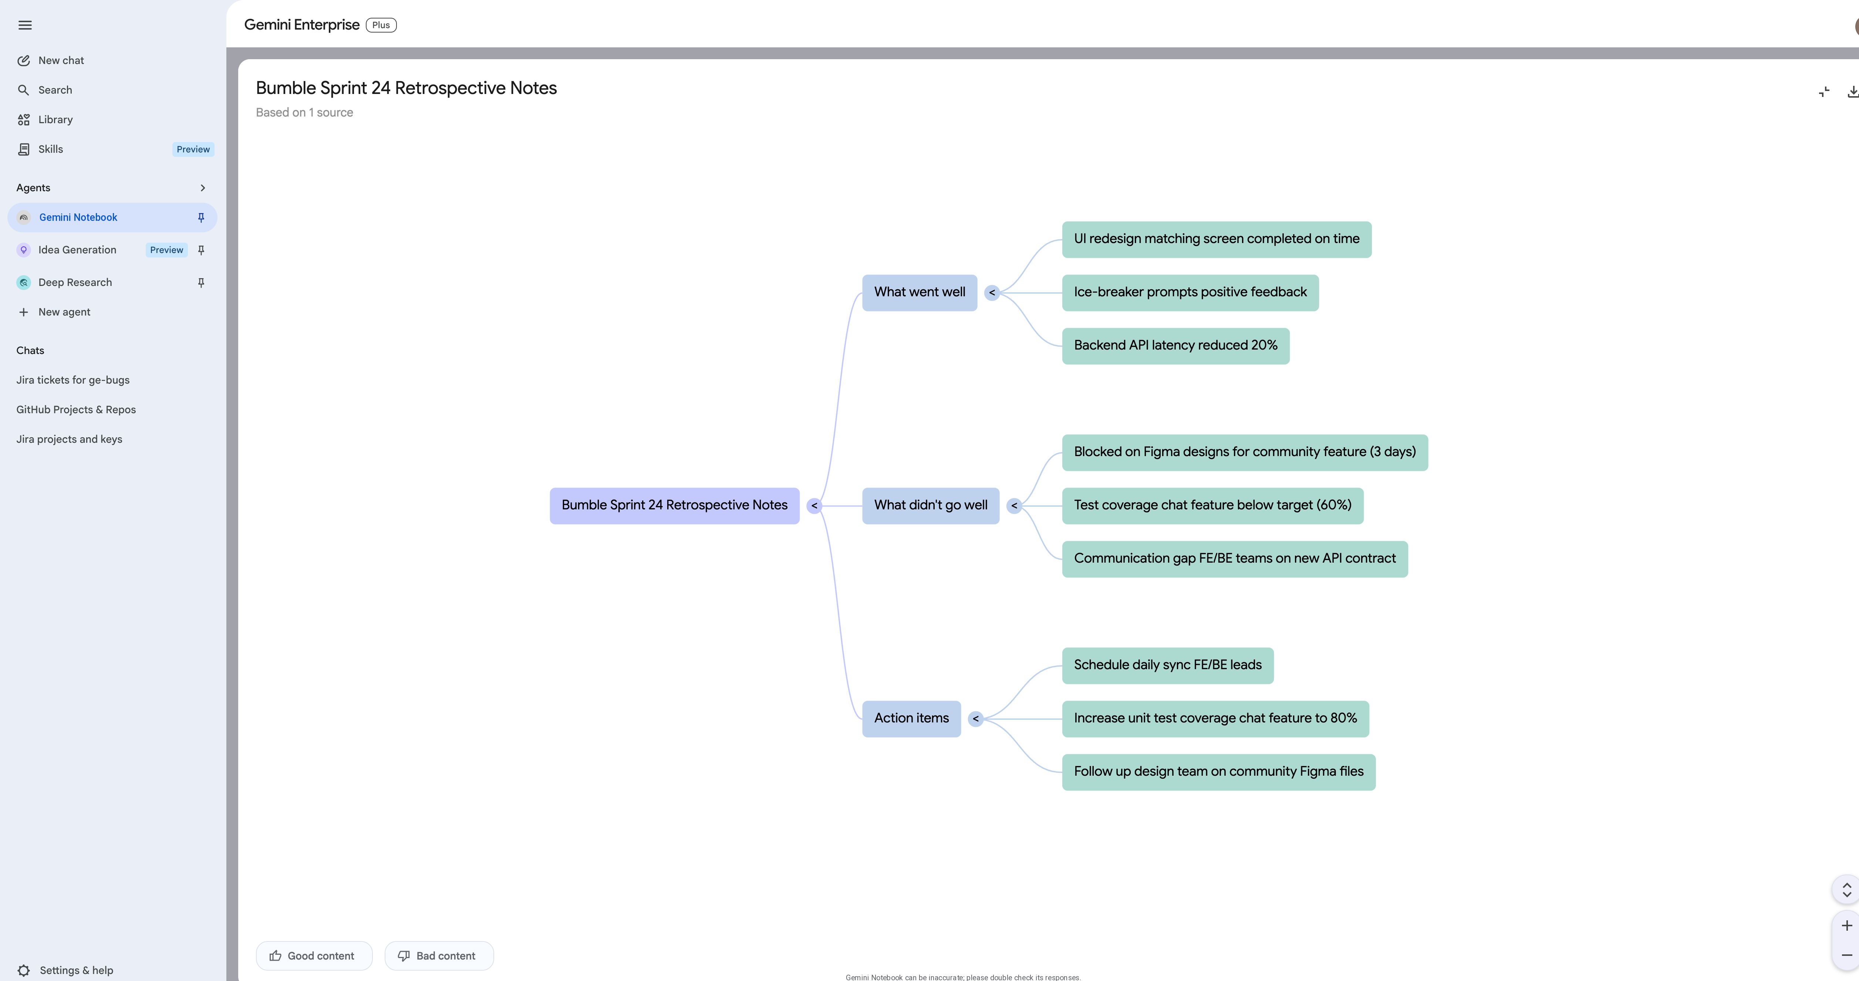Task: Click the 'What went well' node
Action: point(920,292)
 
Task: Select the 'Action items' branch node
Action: point(911,718)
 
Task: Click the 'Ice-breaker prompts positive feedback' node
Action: point(1190,292)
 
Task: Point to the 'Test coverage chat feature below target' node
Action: point(1212,505)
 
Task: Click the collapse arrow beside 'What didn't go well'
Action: point(1014,505)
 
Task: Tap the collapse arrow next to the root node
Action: point(814,505)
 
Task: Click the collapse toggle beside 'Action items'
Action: point(976,718)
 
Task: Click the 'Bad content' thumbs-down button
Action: point(439,956)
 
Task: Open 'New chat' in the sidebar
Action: point(61,61)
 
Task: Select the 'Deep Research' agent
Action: point(75,282)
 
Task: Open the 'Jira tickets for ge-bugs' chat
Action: point(73,380)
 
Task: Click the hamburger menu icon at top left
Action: point(25,25)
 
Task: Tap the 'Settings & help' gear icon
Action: point(24,970)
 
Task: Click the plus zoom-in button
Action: point(1847,926)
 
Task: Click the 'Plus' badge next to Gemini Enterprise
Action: point(381,25)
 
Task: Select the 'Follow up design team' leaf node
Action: point(1218,772)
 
